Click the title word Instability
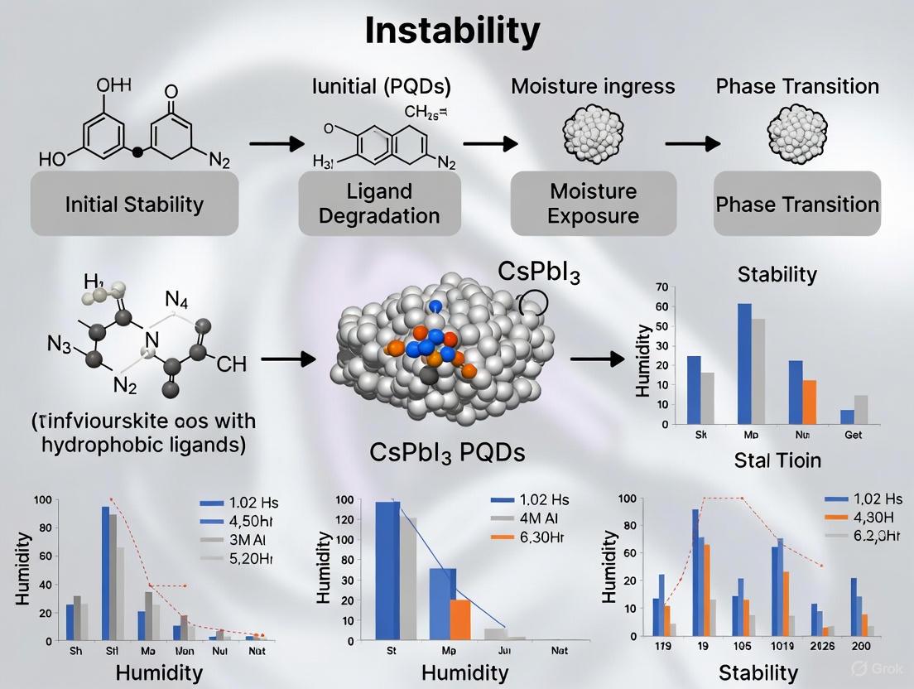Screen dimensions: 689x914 452,31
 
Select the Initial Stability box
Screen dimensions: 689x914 134,204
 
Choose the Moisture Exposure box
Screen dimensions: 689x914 594,204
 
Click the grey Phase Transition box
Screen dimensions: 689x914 796,204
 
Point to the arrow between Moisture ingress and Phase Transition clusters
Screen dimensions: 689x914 692,143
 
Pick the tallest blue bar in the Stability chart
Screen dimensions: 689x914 744,364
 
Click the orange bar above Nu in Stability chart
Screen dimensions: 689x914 809,402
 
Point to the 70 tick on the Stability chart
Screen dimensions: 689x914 660,287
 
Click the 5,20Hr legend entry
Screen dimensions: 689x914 237,558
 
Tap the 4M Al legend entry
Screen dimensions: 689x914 541,519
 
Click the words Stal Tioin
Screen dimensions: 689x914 777,460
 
